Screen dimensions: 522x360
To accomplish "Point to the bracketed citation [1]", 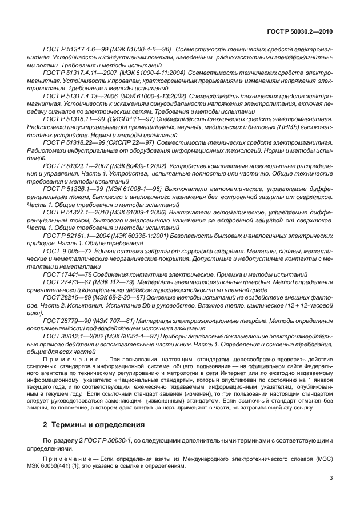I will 129,466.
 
